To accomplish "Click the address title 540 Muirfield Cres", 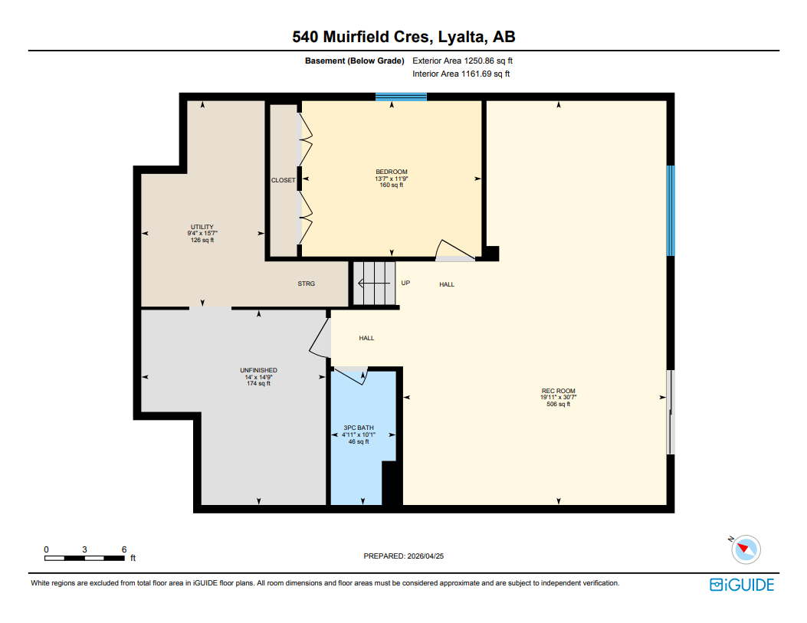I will pyautogui.click(x=403, y=36).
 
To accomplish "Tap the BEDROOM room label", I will pyautogui.click(x=391, y=172).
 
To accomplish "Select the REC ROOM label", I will pyautogui.click(x=558, y=391).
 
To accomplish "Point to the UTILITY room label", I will pyautogui.click(x=202, y=227).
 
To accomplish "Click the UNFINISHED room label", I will pyautogui.click(x=258, y=370).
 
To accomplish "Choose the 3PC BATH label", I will pyautogui.click(x=359, y=428).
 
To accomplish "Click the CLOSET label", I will pyautogui.click(x=283, y=180).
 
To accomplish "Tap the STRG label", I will pyautogui.click(x=307, y=284).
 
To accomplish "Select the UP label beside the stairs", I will pyautogui.click(x=405, y=283).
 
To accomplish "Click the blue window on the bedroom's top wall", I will pyautogui.click(x=401, y=97).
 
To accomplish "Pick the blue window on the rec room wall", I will pyautogui.click(x=670, y=211).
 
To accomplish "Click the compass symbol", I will pyautogui.click(x=745, y=549).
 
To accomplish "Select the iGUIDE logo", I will pyautogui.click(x=742, y=585).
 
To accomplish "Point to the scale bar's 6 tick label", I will pyautogui.click(x=124, y=549).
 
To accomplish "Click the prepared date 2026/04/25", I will pyautogui.click(x=403, y=556).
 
